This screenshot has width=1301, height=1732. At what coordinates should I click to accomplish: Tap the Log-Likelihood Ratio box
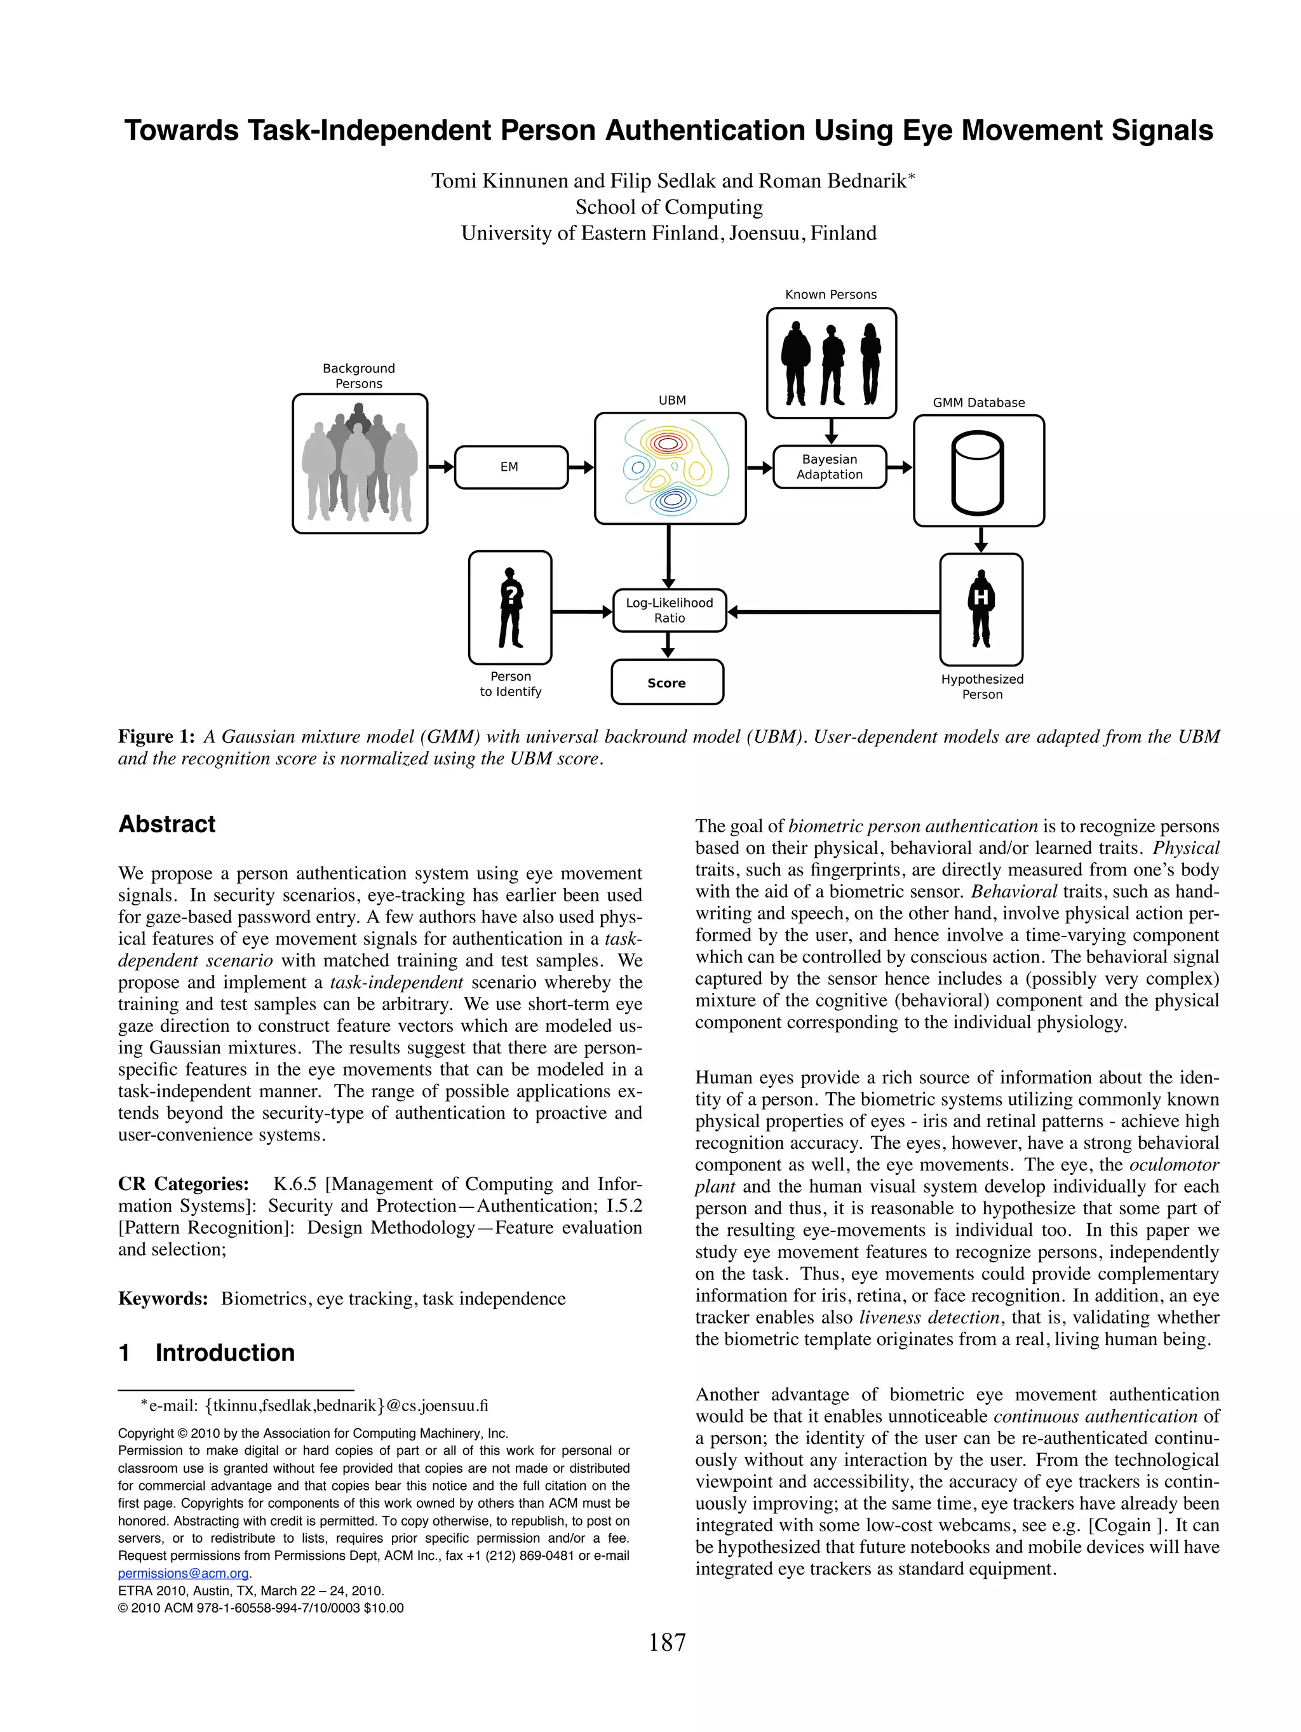pos(670,611)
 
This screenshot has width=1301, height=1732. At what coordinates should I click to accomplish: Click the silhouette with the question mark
pos(510,607)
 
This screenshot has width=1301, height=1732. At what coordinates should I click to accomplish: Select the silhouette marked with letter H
pos(981,609)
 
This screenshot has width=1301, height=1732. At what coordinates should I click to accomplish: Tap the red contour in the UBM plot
pos(667,444)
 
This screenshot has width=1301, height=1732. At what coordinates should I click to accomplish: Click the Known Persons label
pos(830,294)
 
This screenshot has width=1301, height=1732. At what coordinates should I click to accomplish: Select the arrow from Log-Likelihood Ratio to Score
pos(668,645)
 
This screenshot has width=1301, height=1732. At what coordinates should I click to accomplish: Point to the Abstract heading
pos(166,825)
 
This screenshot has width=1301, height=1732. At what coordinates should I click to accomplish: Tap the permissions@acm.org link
pos(183,1574)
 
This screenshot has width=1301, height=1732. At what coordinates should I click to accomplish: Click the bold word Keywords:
pos(163,1299)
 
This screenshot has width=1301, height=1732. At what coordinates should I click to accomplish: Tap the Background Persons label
pos(358,376)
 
